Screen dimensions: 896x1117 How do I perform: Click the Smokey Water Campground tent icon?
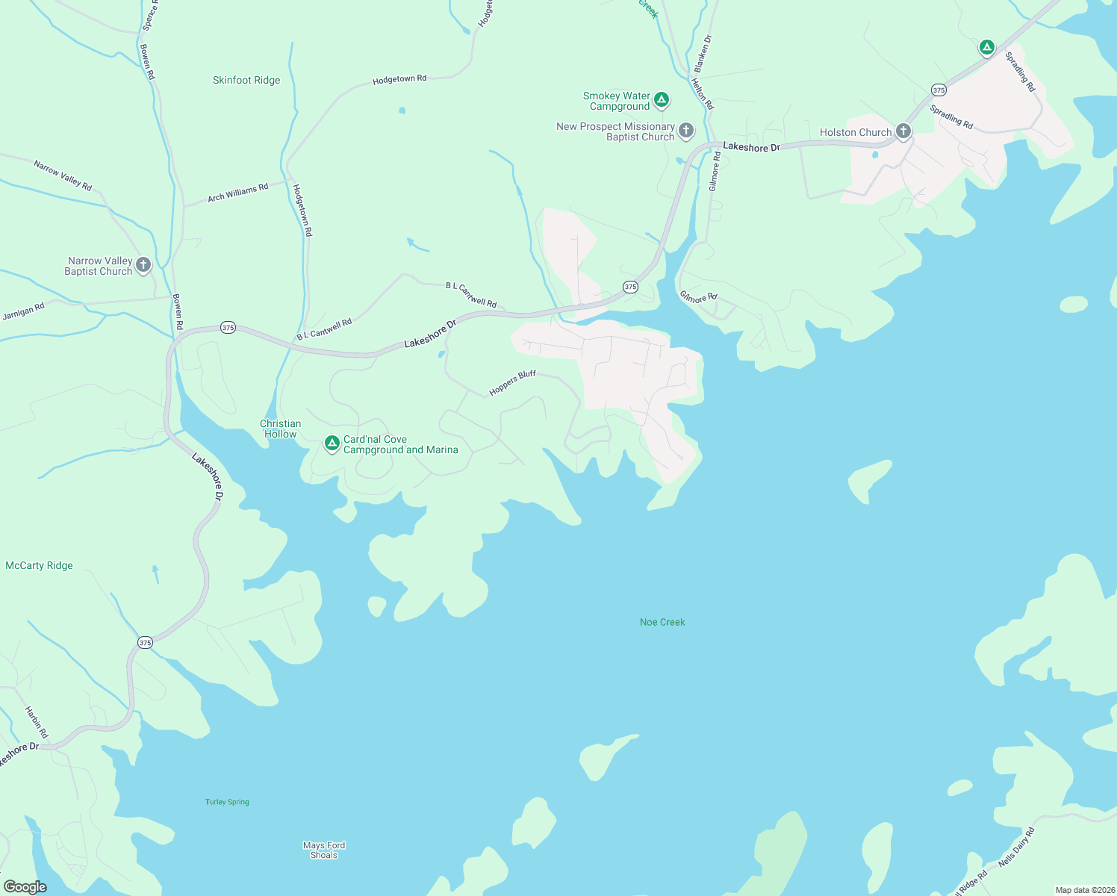(x=661, y=99)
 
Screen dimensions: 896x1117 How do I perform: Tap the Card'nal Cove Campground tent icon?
(x=332, y=444)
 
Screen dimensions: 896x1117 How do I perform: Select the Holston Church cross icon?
(x=903, y=132)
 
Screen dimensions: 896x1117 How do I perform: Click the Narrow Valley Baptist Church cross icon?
(x=143, y=264)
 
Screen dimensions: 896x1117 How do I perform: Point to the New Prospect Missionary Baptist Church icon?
(x=686, y=131)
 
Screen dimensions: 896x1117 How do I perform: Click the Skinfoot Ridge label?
(x=246, y=80)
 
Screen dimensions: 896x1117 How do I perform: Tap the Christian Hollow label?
(x=281, y=429)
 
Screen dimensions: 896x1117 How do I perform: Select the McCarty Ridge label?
(x=39, y=565)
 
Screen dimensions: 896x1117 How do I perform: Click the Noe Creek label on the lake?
(x=662, y=622)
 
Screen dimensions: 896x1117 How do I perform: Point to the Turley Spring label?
(x=227, y=802)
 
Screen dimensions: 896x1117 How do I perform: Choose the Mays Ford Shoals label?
(x=324, y=850)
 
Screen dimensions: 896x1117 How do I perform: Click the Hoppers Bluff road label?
(x=512, y=383)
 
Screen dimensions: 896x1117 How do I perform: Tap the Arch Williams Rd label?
(x=237, y=193)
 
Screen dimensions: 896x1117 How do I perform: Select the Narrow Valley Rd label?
(x=63, y=175)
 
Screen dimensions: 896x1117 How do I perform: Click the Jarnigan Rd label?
(x=23, y=311)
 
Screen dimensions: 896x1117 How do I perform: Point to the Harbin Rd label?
(x=37, y=722)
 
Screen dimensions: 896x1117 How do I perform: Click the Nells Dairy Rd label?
(x=1016, y=847)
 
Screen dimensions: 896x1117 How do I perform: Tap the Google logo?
(x=25, y=887)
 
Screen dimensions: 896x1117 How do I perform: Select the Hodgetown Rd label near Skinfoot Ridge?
(x=399, y=79)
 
